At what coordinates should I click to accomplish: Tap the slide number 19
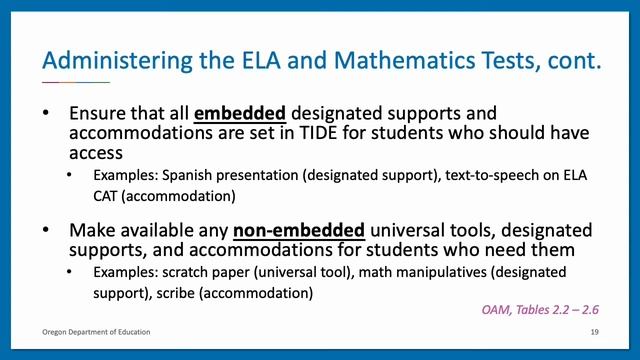595,332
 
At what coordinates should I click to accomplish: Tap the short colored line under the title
76,81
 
